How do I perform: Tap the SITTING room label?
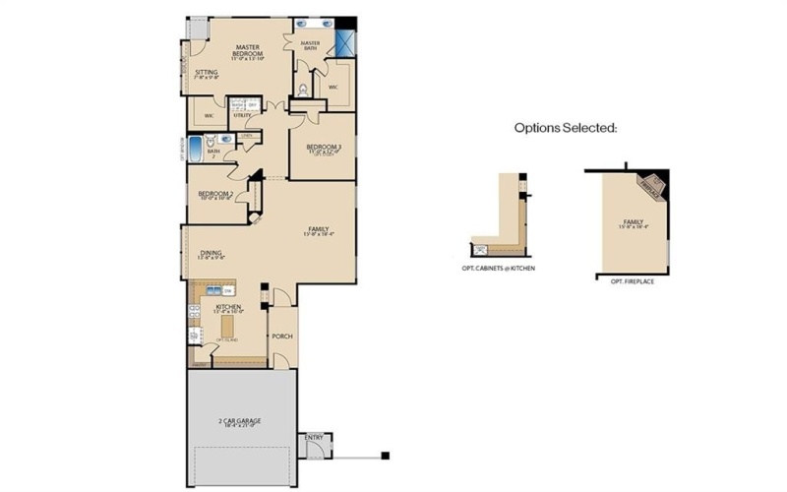click(x=206, y=73)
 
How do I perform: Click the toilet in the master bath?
click(x=304, y=89)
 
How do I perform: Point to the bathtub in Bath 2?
click(x=196, y=151)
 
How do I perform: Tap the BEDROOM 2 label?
click(x=215, y=194)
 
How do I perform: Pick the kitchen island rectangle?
click(x=230, y=323)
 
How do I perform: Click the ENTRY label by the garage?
click(x=314, y=437)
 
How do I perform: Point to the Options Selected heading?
click(x=566, y=128)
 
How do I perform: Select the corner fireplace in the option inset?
click(x=651, y=184)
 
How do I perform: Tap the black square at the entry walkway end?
click(x=385, y=455)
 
